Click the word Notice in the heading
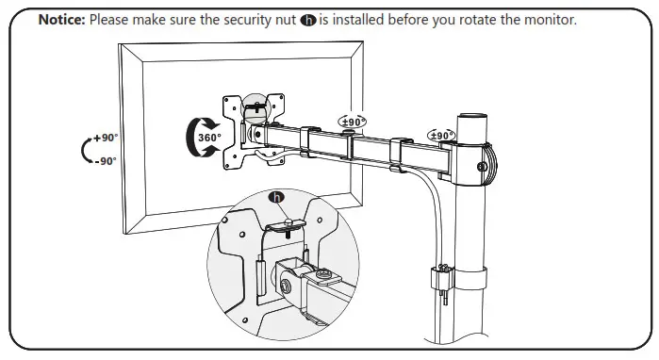[60, 20]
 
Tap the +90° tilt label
[106, 138]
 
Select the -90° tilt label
[106, 160]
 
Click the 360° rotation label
[208, 138]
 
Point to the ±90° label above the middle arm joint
[353, 123]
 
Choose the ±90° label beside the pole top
[441, 136]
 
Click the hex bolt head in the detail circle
[288, 283]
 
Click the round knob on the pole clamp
[482, 167]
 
